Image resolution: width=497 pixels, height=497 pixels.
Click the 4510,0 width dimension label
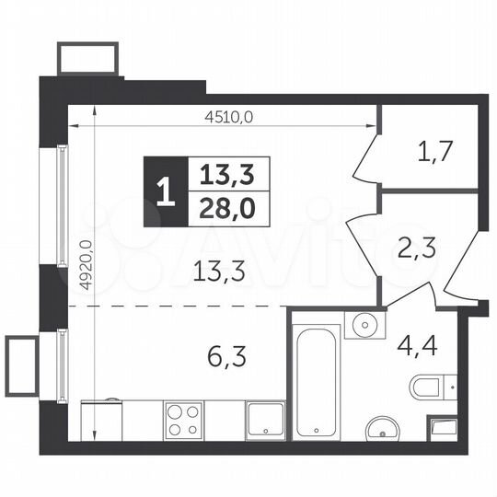[x=227, y=116]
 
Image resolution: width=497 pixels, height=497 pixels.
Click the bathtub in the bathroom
[x=318, y=376]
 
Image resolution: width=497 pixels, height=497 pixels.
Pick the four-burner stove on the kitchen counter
[x=185, y=422]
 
